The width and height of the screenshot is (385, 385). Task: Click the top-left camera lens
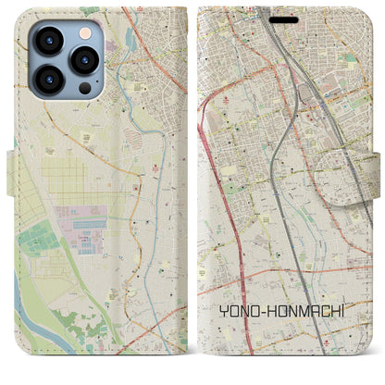[x=49, y=42]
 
